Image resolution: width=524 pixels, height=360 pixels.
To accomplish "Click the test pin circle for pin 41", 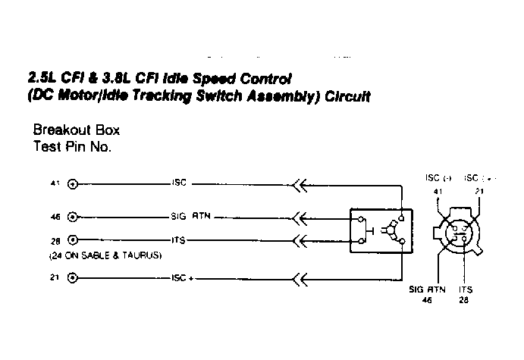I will tap(73, 184).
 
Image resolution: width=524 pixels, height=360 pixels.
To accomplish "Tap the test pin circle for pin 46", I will tap(73, 217).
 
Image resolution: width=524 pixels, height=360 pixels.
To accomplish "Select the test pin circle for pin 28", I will tap(73, 240).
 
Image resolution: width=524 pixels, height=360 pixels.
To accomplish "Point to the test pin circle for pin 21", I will tap(73, 278).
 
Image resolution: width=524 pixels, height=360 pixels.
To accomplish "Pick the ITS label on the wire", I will tap(179, 240).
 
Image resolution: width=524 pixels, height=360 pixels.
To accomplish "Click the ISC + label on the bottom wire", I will tap(183, 278).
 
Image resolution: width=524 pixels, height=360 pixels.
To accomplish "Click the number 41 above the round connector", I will tap(438, 191).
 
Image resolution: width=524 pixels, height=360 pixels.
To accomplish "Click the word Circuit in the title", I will tap(348, 97).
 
